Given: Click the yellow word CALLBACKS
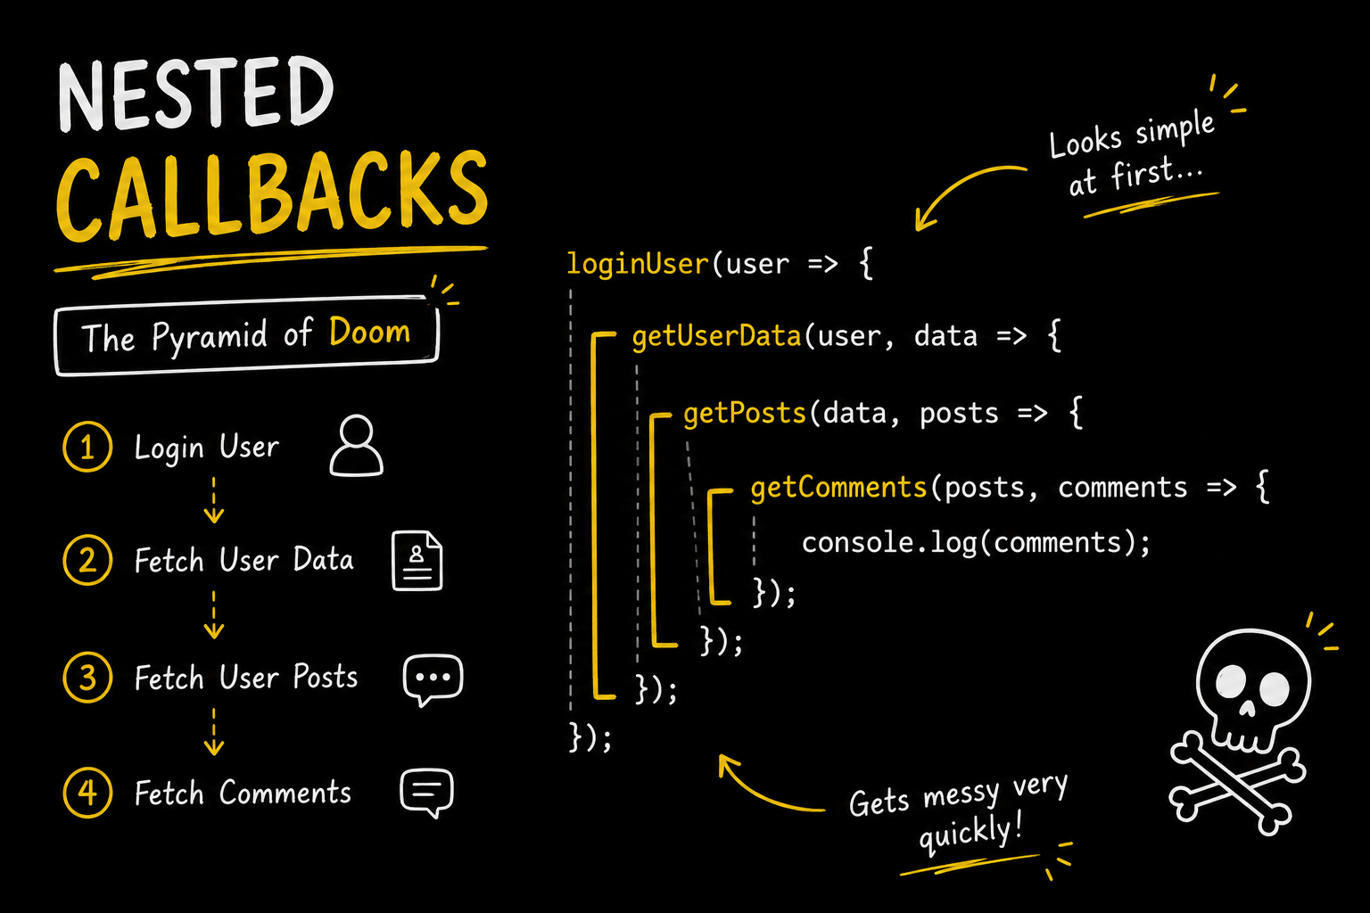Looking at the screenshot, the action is tap(272, 194).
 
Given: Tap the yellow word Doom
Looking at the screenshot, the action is tap(369, 332).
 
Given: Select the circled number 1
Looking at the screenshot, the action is tap(87, 447).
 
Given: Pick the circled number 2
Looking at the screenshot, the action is tap(87, 560).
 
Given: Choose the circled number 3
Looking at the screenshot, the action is tap(87, 678).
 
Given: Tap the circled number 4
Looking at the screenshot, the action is tap(87, 793).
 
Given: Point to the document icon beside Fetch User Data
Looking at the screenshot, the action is tap(417, 560).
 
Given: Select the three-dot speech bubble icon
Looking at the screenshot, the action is tap(433, 679).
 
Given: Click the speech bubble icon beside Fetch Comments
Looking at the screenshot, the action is tap(427, 793).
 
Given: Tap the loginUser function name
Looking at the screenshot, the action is tap(638, 264).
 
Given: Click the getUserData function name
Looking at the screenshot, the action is tap(716, 337).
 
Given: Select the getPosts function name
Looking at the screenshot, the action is tap(745, 414).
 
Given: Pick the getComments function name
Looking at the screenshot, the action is tap(838, 488).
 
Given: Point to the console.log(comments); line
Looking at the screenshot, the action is tap(976, 542).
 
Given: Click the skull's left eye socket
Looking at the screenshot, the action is tap(1231, 682).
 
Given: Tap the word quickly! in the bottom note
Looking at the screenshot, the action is tap(970, 833).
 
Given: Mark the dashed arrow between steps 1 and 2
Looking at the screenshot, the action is tap(213, 500).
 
